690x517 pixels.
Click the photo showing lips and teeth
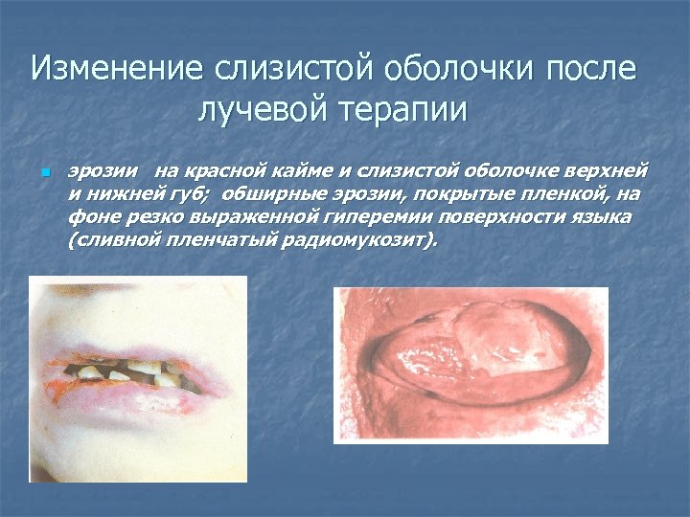pyautogui.click(x=138, y=378)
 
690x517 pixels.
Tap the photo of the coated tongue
pyautogui.click(x=471, y=365)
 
